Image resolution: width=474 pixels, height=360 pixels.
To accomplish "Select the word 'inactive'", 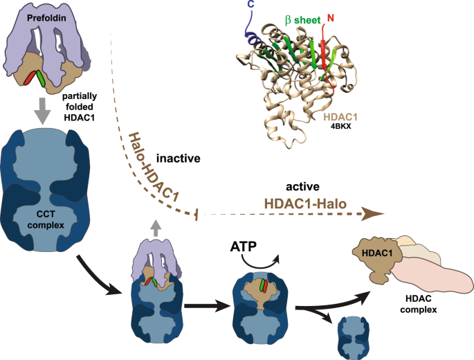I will click(178, 159).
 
